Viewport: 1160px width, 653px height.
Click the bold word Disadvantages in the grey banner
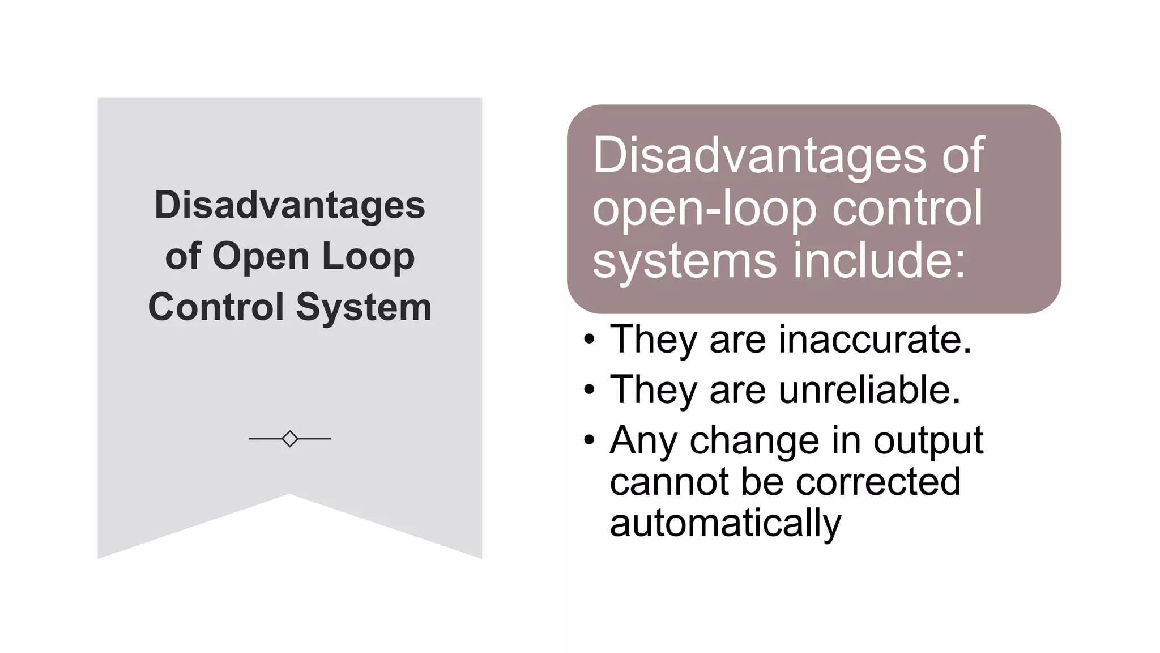pos(289,205)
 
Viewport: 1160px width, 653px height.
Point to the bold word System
pos(364,307)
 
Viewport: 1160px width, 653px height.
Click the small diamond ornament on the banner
pos(290,439)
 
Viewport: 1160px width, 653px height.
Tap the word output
pos(928,440)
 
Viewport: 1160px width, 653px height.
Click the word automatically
pos(726,523)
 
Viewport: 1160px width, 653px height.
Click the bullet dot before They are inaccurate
pos(590,340)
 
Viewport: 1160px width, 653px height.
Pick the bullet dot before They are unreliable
pos(590,390)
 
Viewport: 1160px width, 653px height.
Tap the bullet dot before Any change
pos(590,440)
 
